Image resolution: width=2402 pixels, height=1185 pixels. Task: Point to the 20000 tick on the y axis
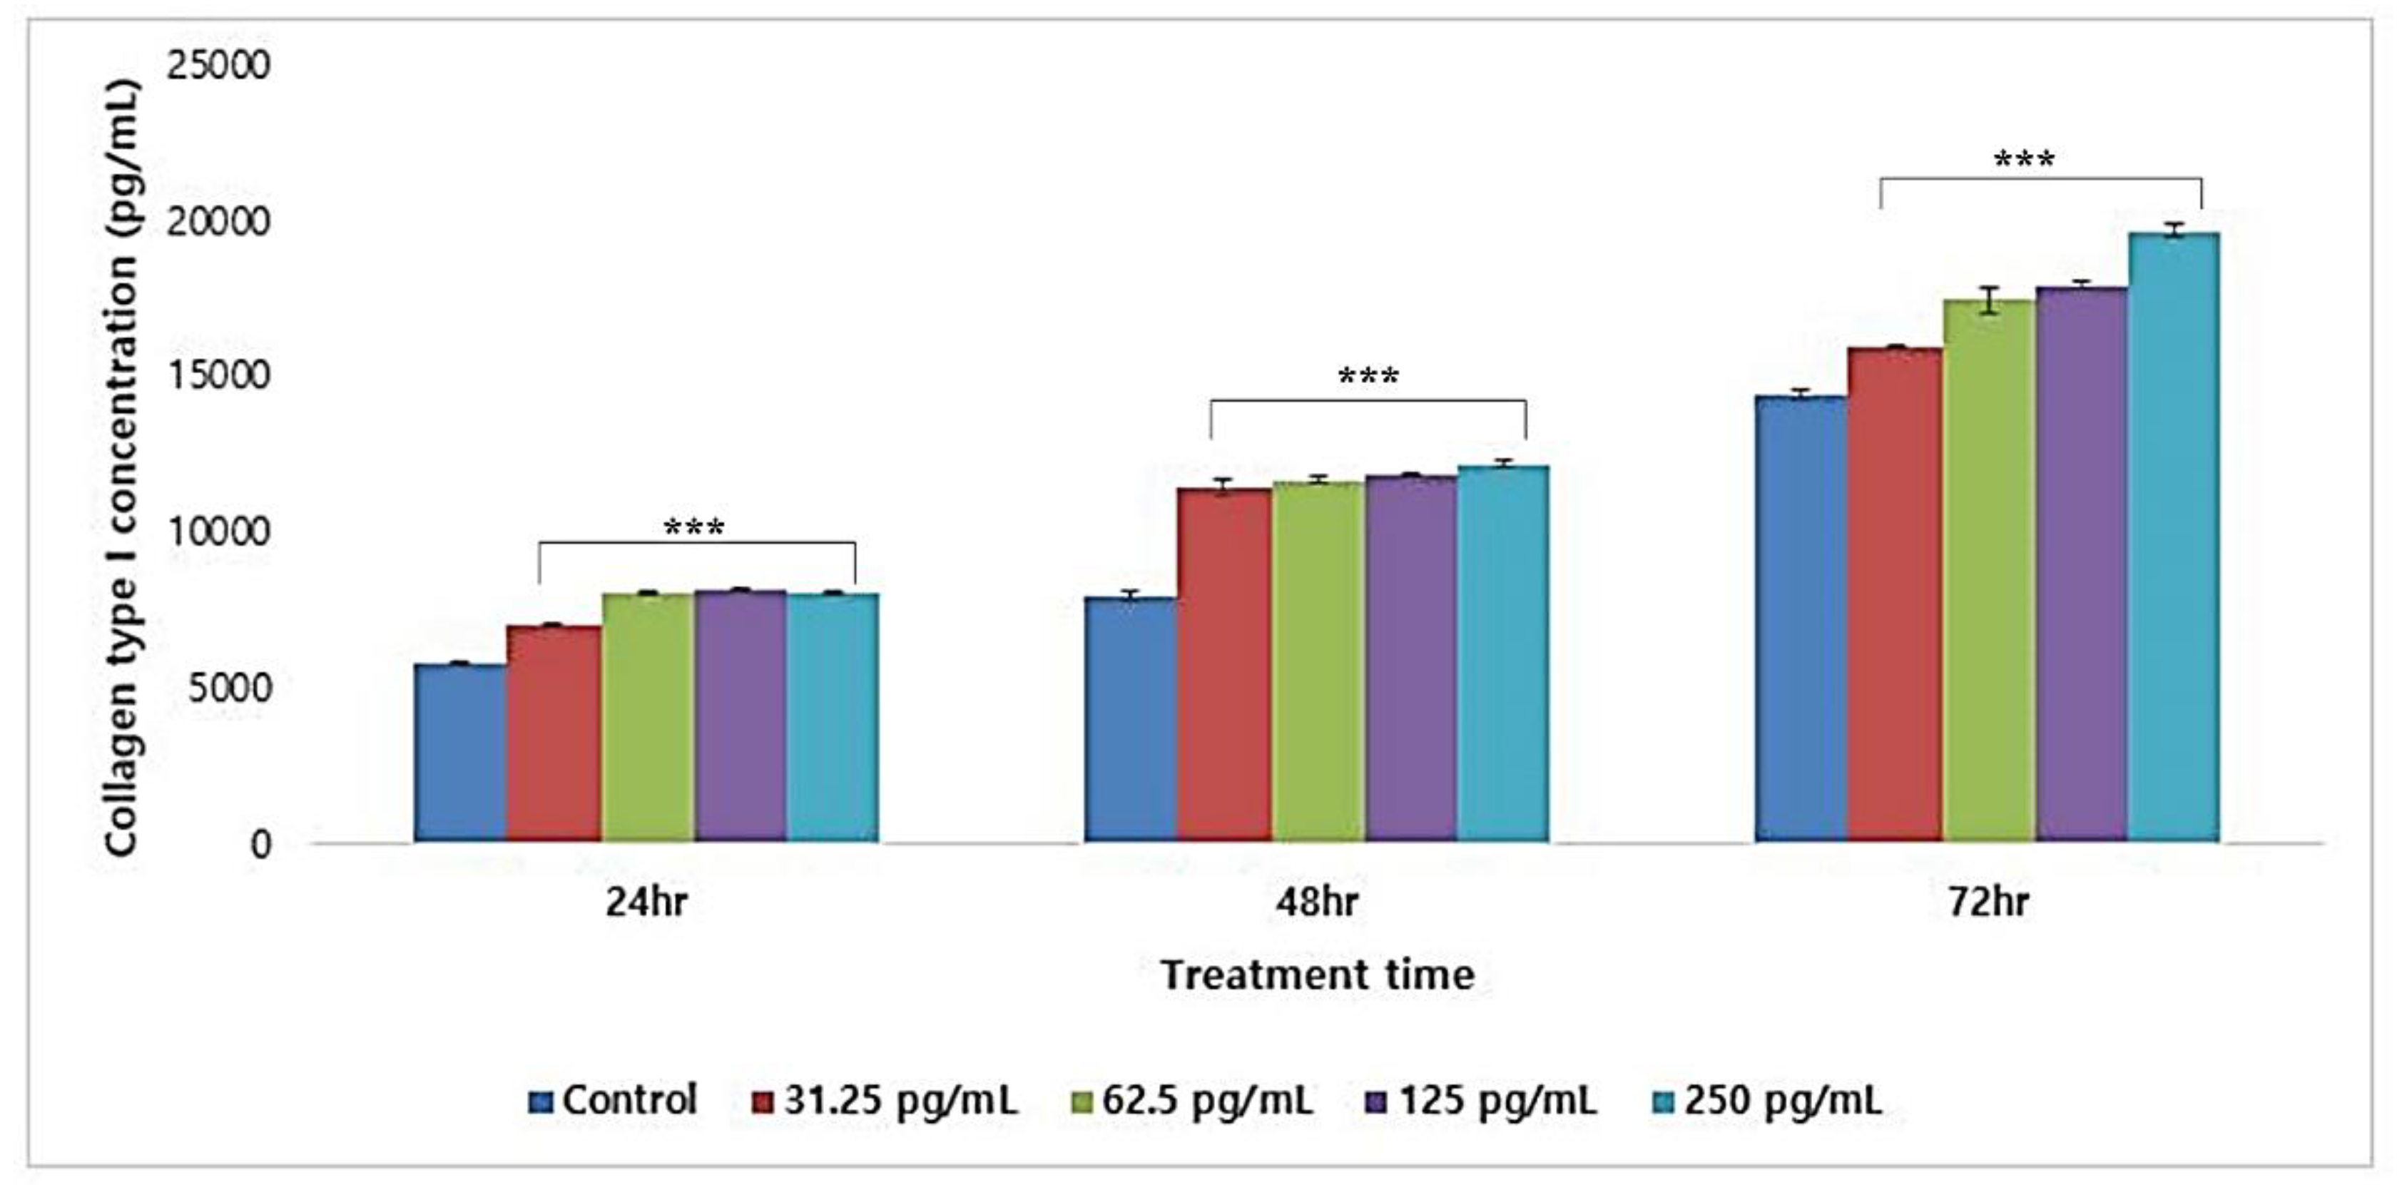click(x=218, y=222)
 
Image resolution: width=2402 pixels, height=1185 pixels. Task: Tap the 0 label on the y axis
click(x=260, y=845)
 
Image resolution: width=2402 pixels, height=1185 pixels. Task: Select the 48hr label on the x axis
click(x=1317, y=902)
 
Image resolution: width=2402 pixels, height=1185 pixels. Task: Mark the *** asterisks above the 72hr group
click(x=2025, y=161)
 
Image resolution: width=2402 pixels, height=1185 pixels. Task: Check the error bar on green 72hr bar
click(x=1989, y=300)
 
